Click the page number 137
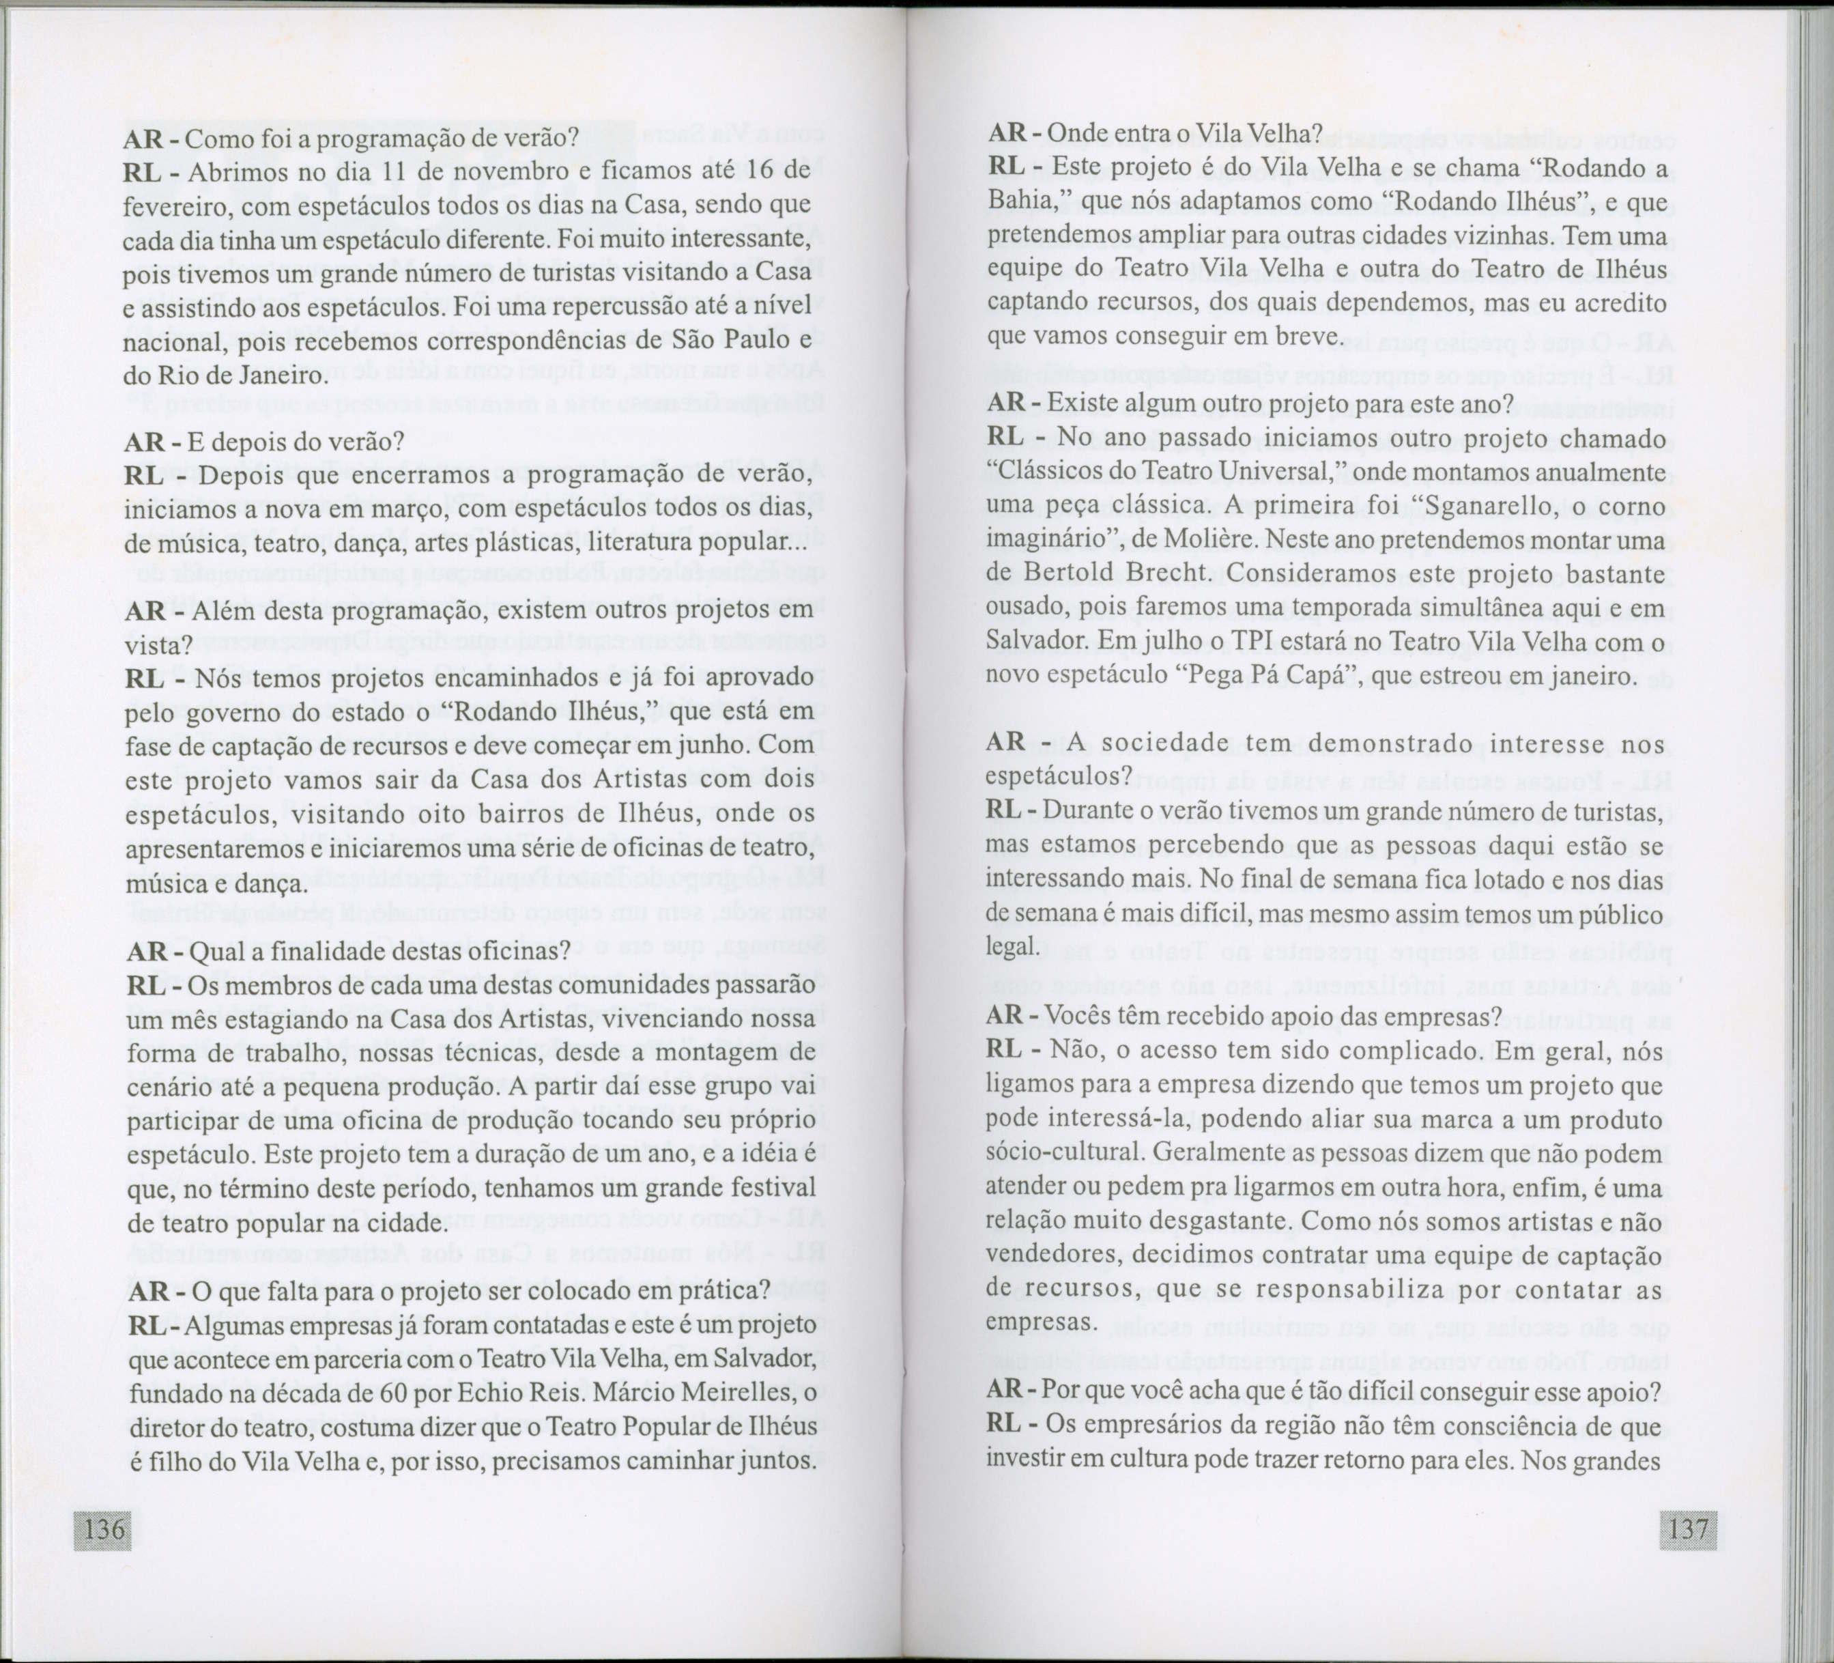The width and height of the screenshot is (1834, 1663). [x=1689, y=1527]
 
